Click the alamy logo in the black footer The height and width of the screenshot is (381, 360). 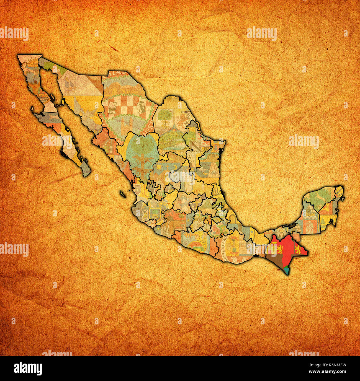(28, 368)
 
